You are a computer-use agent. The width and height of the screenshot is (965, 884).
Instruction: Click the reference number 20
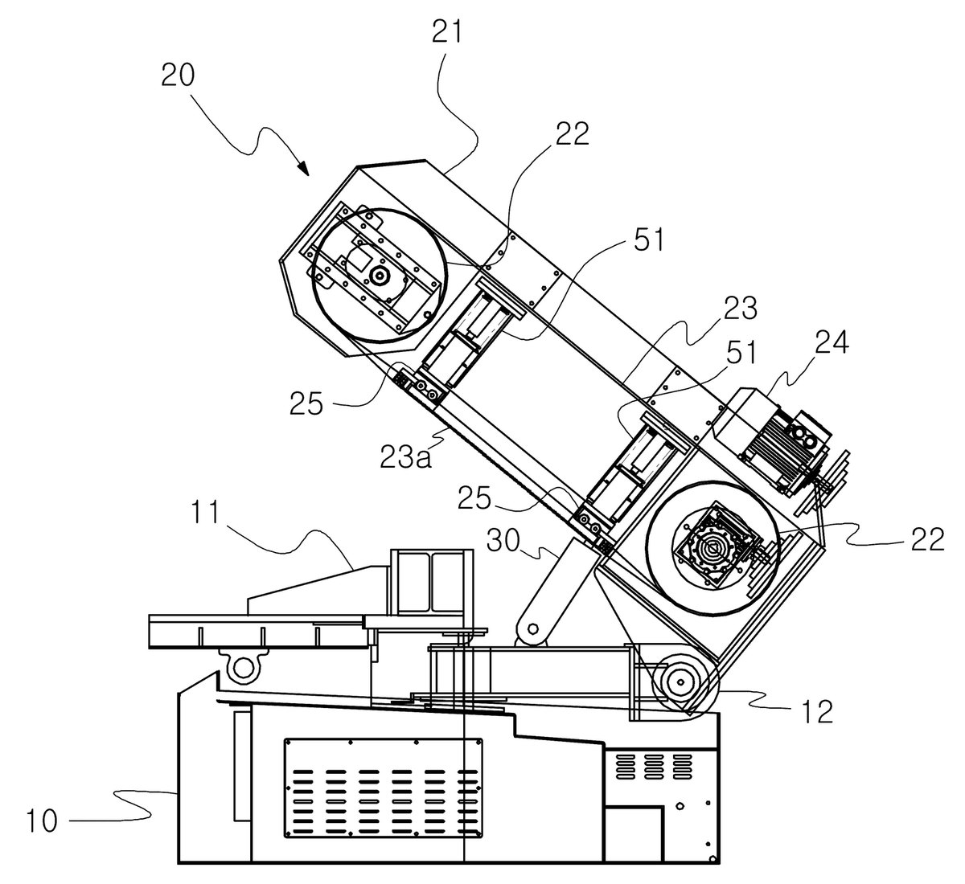178,76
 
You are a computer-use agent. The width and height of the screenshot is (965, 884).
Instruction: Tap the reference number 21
446,32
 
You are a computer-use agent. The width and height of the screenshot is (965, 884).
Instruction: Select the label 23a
405,456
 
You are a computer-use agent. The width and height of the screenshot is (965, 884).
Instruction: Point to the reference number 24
832,342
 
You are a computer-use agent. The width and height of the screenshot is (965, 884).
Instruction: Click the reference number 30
503,540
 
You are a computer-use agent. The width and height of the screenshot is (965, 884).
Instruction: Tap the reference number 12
816,712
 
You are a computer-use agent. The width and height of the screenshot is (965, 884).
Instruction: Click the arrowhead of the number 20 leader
302,167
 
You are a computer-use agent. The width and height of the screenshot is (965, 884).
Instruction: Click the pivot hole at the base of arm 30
532,628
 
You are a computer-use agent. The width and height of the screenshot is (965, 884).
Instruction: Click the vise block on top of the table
432,582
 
